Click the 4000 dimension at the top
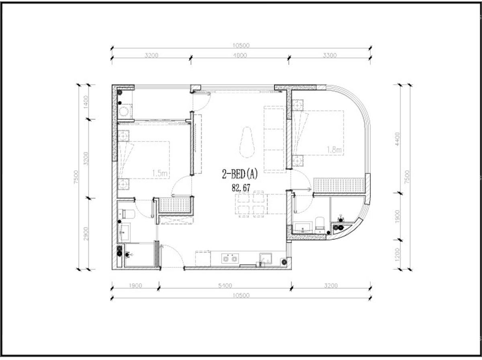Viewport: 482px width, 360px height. point(239,55)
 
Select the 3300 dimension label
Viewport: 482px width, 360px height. point(329,55)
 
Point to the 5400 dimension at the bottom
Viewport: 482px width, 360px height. point(225,286)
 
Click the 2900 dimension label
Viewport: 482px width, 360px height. point(85,233)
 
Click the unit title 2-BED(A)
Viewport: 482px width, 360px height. point(239,174)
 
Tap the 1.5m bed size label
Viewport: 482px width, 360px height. point(160,173)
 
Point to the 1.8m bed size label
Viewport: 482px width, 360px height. point(334,150)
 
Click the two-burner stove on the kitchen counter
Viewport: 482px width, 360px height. point(229,259)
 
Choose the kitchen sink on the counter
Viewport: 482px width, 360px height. point(266,258)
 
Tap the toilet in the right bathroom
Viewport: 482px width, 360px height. point(320,223)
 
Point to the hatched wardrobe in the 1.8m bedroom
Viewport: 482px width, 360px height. point(339,186)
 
